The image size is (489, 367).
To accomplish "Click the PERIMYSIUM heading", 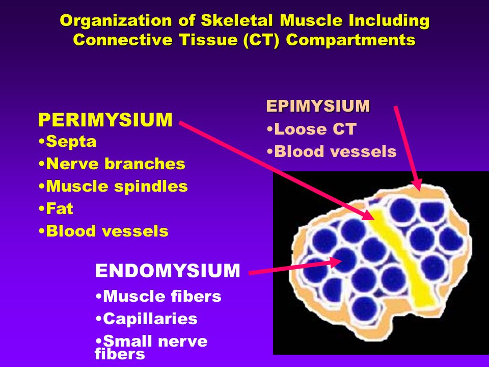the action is click(105, 120).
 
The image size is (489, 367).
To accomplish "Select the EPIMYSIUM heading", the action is click(318, 106).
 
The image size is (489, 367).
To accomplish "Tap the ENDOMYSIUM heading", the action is click(168, 271).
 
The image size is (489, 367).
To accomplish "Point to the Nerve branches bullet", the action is click(112, 164).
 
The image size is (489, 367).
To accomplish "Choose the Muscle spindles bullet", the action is click(113, 187).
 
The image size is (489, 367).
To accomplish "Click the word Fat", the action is click(60, 208).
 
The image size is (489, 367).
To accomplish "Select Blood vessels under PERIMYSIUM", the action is click(103, 231).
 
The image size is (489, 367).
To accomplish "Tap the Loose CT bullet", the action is click(312, 129).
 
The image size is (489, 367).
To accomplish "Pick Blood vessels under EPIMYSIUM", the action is click(332, 152).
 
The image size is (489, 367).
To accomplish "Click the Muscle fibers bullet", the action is click(158, 296).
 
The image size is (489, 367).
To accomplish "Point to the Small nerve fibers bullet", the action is click(151, 347).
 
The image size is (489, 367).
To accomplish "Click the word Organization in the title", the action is click(116, 20).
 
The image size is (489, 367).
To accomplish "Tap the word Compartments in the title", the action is click(350, 40).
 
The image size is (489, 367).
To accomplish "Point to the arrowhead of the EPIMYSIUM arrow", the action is click(417, 185).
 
